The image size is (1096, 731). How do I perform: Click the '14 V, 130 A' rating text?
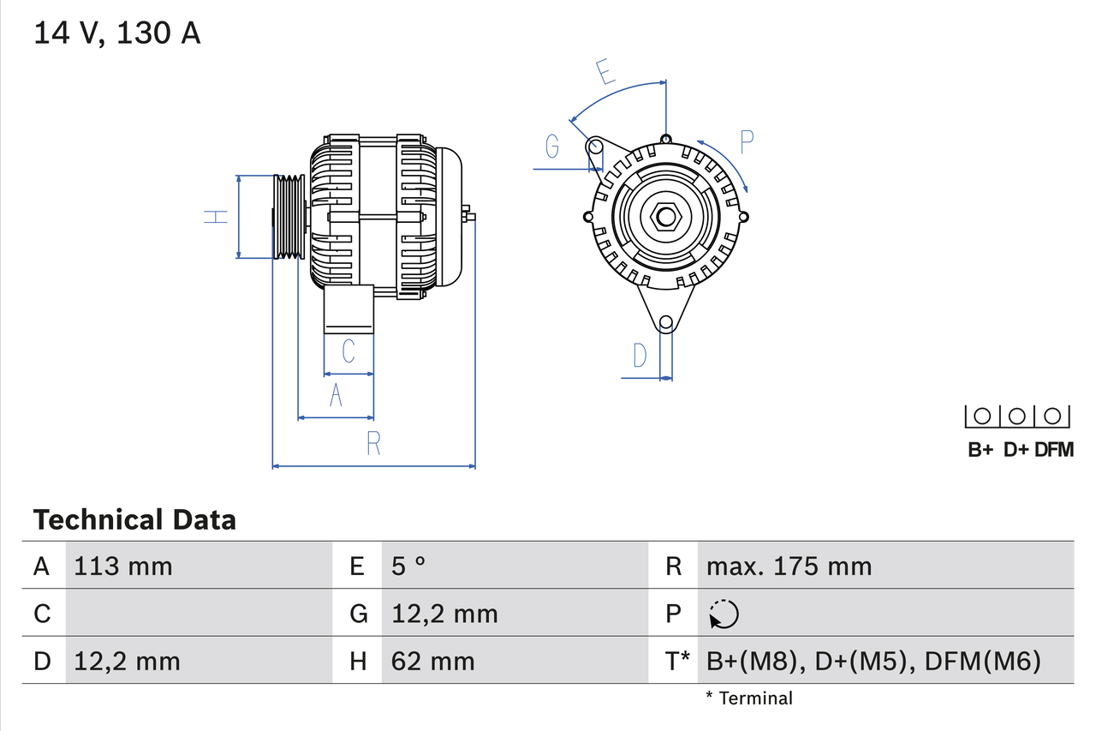[116, 33]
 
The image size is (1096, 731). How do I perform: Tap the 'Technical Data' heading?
[134, 520]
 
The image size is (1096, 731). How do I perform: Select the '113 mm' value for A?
[122, 566]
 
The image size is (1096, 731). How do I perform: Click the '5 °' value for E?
[408, 566]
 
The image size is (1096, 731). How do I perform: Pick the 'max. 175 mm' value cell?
[789, 566]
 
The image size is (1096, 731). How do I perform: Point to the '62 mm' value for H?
[432, 661]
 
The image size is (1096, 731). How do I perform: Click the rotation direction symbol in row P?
[724, 614]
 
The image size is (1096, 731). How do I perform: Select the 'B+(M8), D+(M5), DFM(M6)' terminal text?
[873, 661]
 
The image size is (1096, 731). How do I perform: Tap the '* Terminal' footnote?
[749, 698]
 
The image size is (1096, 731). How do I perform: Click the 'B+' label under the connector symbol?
[980, 450]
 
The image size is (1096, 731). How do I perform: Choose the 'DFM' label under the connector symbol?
[1053, 450]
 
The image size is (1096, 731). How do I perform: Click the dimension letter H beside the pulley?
[217, 217]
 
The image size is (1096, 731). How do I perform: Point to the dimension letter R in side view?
[373, 444]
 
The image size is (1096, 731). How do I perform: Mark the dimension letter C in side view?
[348, 351]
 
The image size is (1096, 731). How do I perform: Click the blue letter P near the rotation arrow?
[747, 142]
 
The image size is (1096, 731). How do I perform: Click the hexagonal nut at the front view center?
[665, 216]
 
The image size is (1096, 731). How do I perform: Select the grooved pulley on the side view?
[289, 217]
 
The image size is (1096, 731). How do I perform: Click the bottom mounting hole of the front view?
[665, 323]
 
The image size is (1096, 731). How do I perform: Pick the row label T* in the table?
[677, 661]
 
